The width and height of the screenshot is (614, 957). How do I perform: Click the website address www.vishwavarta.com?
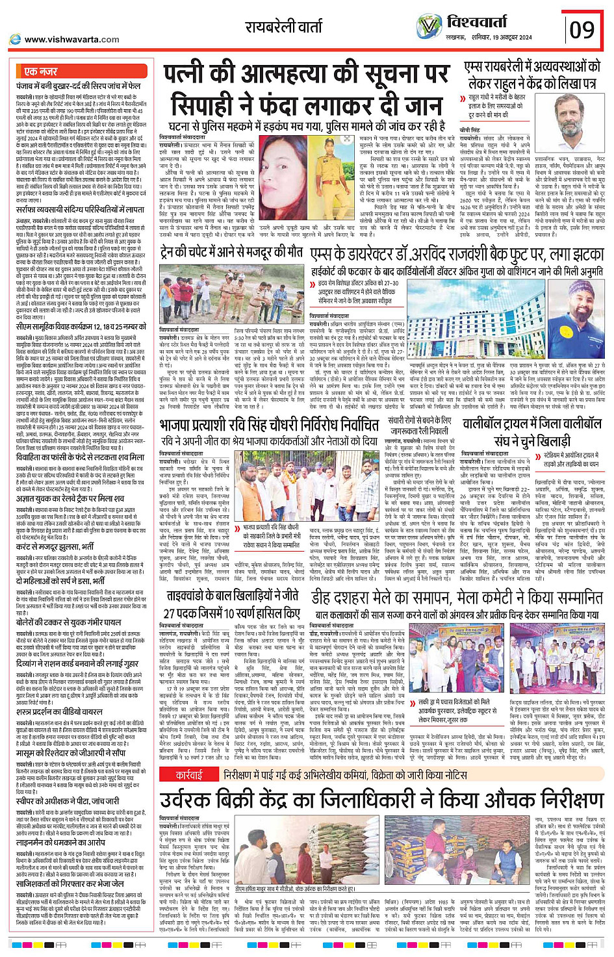pyautogui.click(x=71, y=40)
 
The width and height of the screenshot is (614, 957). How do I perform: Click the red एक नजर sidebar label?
pyautogui.click(x=40, y=71)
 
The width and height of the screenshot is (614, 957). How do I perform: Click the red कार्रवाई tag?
pyautogui.click(x=189, y=757)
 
